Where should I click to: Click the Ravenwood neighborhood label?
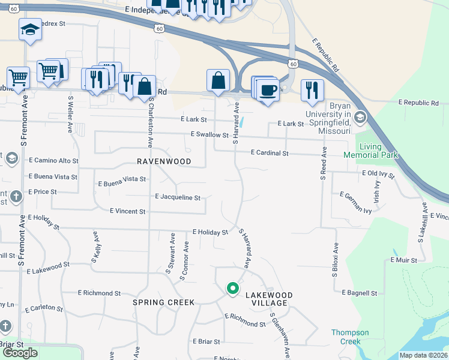164,161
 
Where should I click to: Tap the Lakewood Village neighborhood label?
269,299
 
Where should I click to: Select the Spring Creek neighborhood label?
163,302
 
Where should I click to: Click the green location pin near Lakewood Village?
232,289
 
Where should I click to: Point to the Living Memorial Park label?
370,151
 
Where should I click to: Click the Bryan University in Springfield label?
328,122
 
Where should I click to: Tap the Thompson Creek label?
350,337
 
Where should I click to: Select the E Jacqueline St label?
177,197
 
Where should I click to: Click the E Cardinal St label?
270,154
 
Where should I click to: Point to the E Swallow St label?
209,136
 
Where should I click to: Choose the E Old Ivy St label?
378,174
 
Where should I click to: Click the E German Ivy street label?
356,203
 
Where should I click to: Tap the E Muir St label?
407,260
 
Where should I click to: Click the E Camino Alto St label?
53,161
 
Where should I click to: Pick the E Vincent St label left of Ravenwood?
127,211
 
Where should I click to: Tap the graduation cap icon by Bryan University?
360,116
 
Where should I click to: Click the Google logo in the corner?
20,353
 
